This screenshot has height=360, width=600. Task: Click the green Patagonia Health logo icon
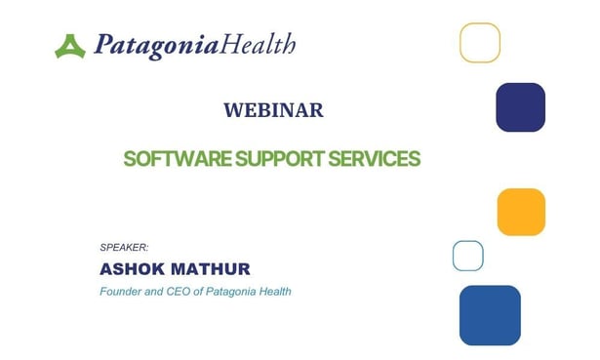tap(70, 45)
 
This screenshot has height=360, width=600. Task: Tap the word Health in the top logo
tap(259, 44)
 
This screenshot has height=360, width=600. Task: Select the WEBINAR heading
tap(273, 110)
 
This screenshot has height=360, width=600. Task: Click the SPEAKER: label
tap(124, 248)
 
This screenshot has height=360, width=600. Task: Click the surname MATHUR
tap(217, 268)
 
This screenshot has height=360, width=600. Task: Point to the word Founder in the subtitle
tap(122, 292)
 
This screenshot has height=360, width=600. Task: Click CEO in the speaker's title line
tap(185, 292)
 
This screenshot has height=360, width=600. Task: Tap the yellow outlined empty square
tap(480, 43)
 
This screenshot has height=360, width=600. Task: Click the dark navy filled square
tap(520, 107)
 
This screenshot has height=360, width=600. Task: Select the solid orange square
tap(521, 212)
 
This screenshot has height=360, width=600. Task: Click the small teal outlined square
tap(468, 256)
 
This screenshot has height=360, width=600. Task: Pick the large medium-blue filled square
tap(490, 315)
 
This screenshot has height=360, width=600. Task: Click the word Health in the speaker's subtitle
tap(276, 292)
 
